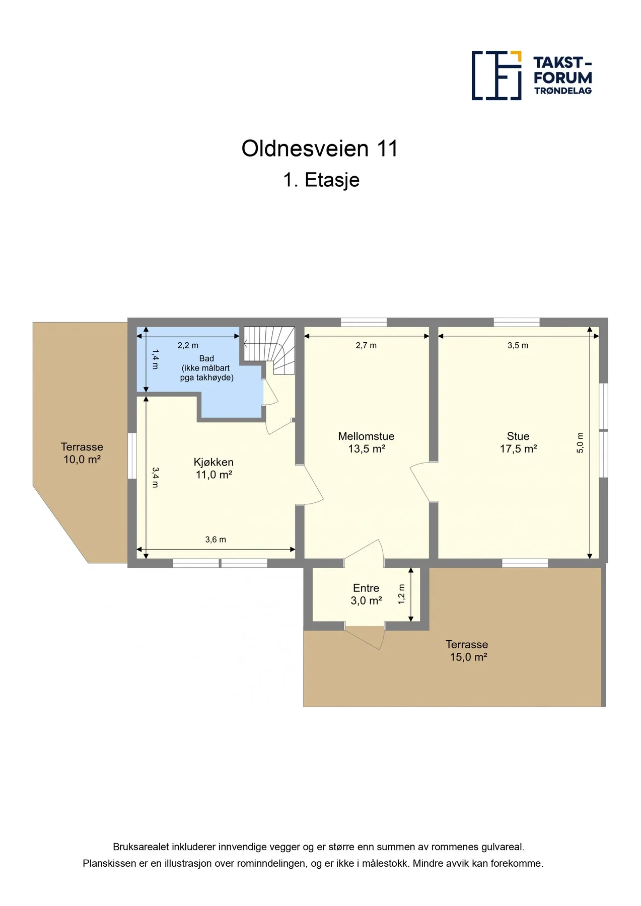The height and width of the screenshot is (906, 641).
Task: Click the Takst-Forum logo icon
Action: [496, 75]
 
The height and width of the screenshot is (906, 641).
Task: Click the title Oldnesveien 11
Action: [320, 148]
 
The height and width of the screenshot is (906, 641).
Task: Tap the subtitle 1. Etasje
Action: [321, 180]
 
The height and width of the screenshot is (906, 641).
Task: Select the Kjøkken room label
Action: [213, 468]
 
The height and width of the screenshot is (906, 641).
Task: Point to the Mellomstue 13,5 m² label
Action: [366, 442]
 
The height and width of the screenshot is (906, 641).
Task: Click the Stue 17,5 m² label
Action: [518, 442]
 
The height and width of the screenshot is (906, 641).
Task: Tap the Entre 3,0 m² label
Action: [366, 594]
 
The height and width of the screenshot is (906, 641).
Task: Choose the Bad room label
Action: [206, 368]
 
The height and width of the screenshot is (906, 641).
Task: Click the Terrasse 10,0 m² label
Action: [82, 453]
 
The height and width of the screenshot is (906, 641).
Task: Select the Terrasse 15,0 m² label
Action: [467, 650]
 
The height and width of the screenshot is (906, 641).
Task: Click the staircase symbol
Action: [269, 350]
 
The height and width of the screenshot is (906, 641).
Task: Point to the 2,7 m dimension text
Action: [366, 345]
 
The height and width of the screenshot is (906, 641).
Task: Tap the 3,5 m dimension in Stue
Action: [518, 345]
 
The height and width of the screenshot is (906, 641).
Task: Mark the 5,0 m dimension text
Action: [580, 443]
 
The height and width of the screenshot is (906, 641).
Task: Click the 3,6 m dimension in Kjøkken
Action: [216, 540]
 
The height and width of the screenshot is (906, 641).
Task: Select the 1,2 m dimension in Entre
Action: [401, 594]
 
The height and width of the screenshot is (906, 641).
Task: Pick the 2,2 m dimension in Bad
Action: [188, 345]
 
